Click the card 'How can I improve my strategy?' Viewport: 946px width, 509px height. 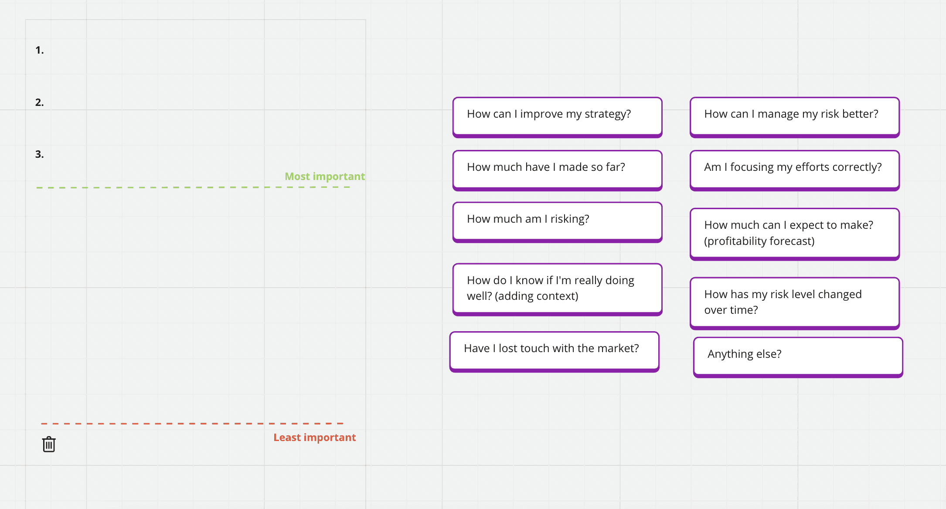pyautogui.click(x=557, y=117)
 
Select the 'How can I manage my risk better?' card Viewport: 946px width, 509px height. pyautogui.click(x=795, y=117)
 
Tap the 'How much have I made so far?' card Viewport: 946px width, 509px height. pyautogui.click(x=557, y=170)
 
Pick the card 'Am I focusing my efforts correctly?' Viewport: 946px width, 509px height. pyautogui.click(x=795, y=170)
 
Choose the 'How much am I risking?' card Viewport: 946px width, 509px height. pyautogui.click(x=557, y=222)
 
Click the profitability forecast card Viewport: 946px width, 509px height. pyautogui.click(x=795, y=234)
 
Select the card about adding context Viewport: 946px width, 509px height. pyautogui.click(x=557, y=289)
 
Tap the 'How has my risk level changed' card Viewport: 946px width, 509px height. pyautogui.click(x=795, y=303)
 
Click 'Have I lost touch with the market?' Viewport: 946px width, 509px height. pyautogui.click(x=554, y=352)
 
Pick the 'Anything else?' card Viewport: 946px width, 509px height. pyautogui.click(x=798, y=357)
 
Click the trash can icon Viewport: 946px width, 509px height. pyautogui.click(x=49, y=444)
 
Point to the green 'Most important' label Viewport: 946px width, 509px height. pyautogui.click(x=325, y=176)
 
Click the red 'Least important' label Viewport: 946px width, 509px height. pyautogui.click(x=315, y=438)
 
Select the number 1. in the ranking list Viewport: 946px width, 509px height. pyautogui.click(x=40, y=50)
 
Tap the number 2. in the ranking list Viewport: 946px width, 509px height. pyautogui.click(x=40, y=102)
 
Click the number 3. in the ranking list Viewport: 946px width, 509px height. pyautogui.click(x=40, y=154)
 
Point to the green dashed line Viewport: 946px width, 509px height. pyautogui.click(x=193, y=187)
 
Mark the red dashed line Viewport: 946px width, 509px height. pyautogui.click(x=192, y=423)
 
